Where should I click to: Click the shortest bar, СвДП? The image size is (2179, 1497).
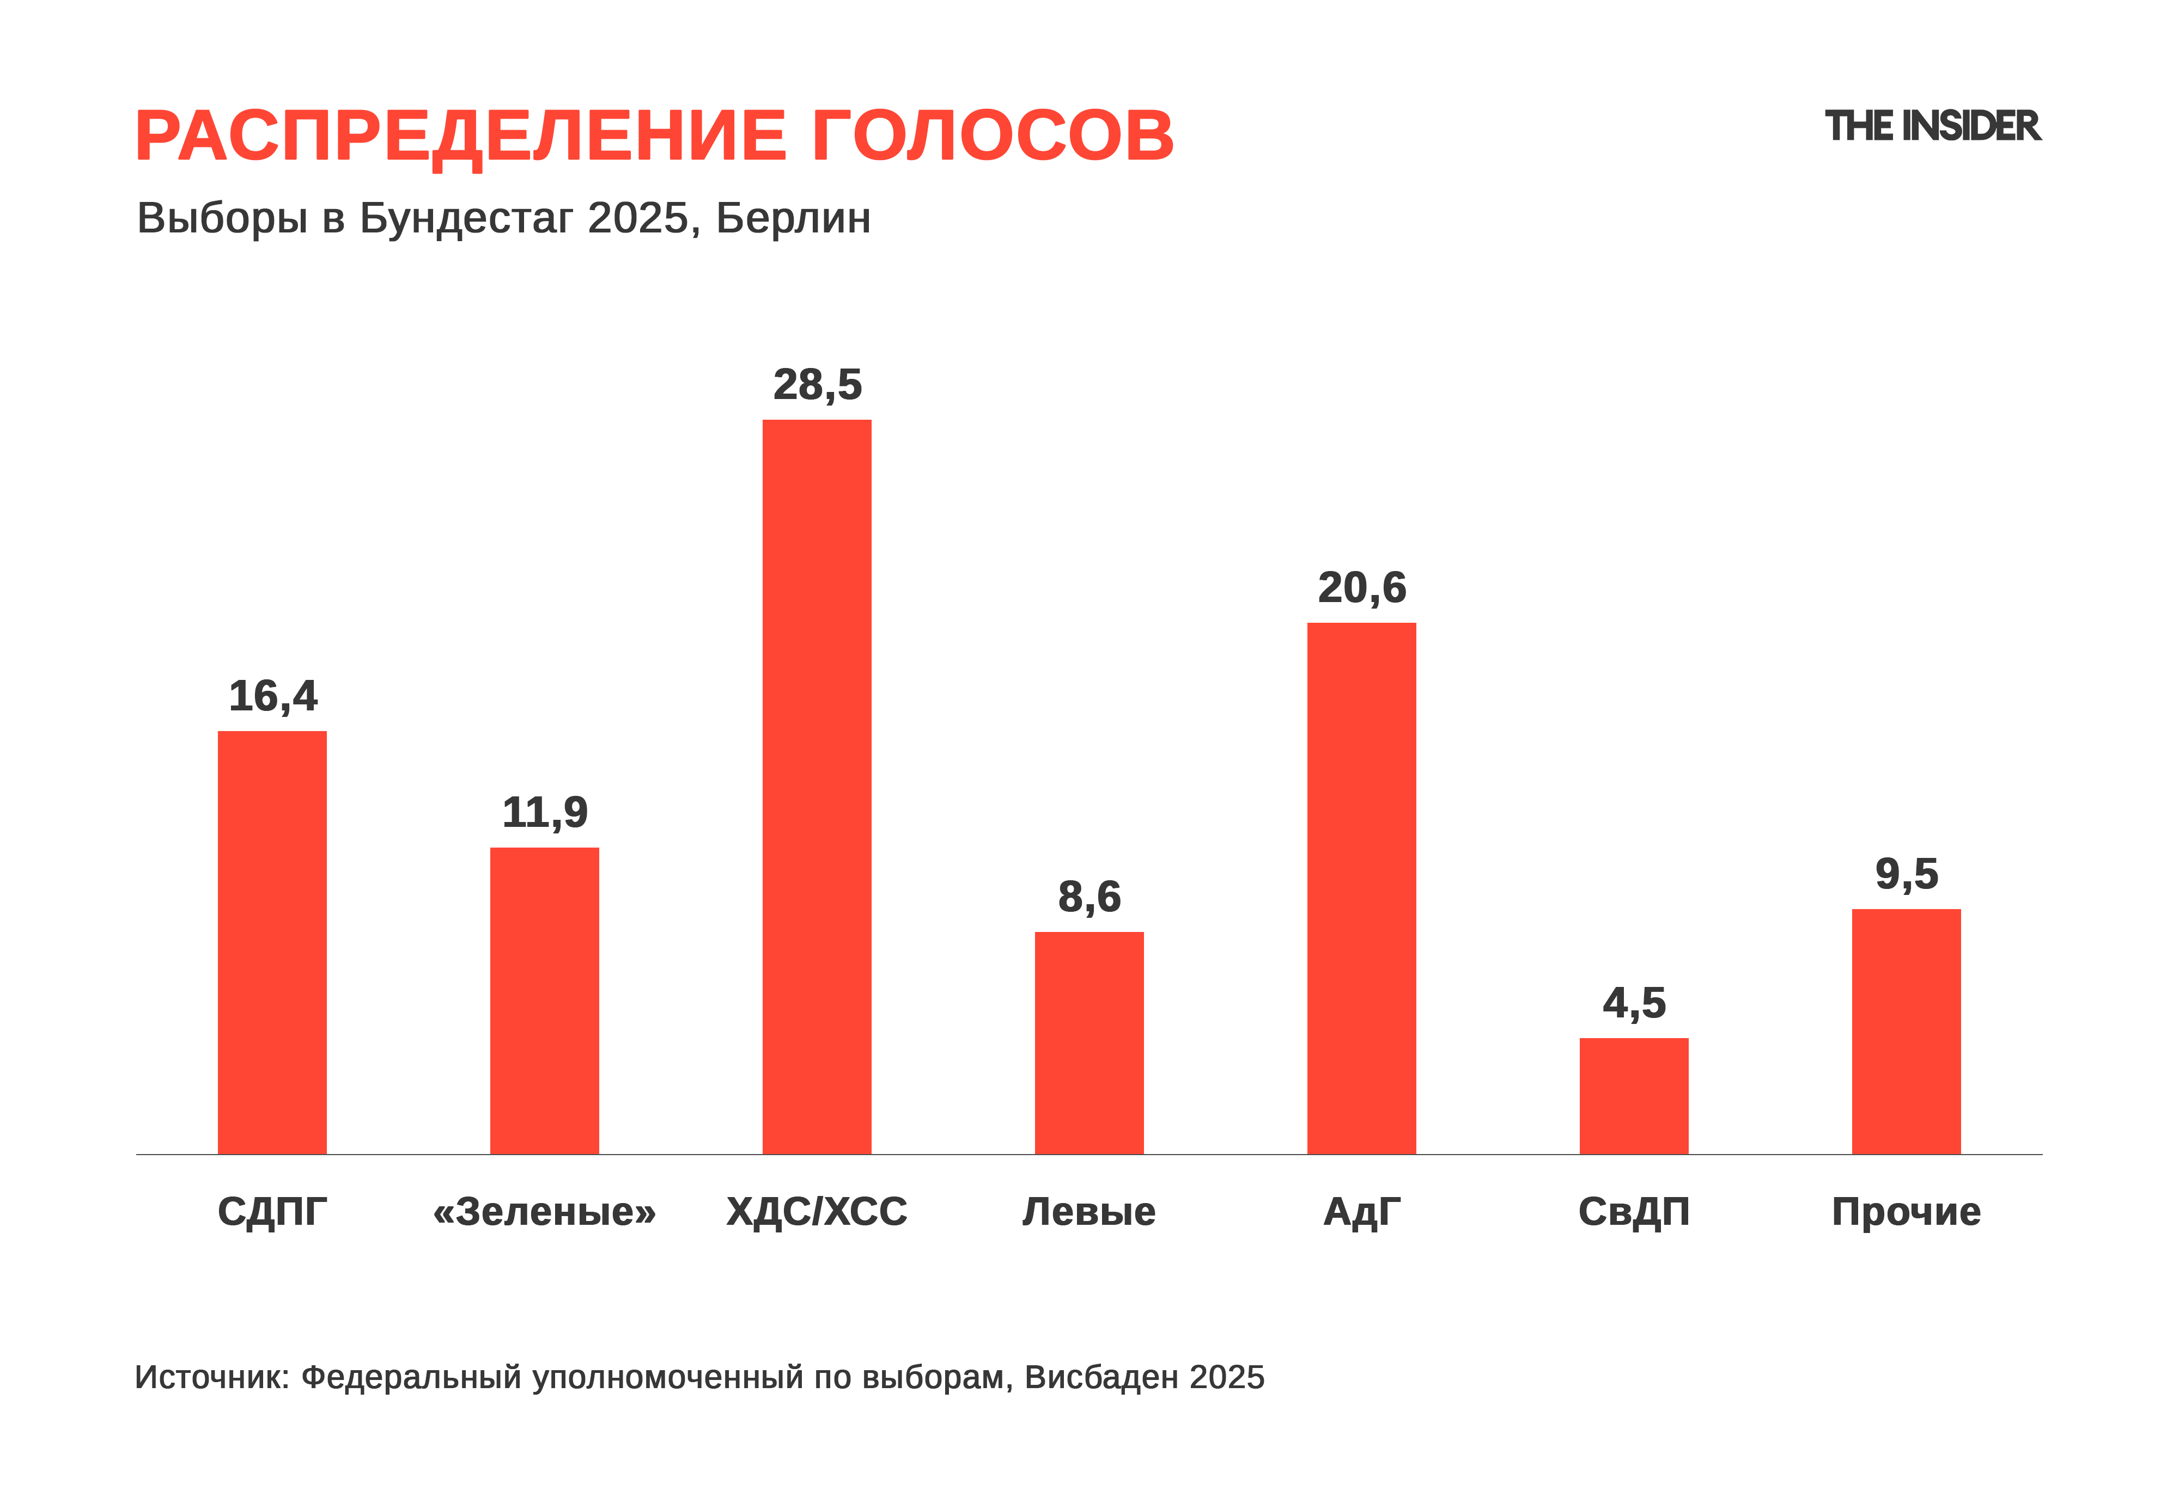(x=1634, y=1096)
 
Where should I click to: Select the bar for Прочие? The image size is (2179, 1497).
(x=1906, y=1031)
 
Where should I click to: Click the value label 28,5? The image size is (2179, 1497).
(x=817, y=384)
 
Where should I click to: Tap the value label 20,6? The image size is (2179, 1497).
(x=1362, y=588)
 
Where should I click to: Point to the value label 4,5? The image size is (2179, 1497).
(x=1634, y=1004)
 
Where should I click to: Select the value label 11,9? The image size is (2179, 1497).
(x=544, y=812)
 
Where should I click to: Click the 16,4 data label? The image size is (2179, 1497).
(x=273, y=696)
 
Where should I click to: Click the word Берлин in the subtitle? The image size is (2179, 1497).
(x=793, y=218)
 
